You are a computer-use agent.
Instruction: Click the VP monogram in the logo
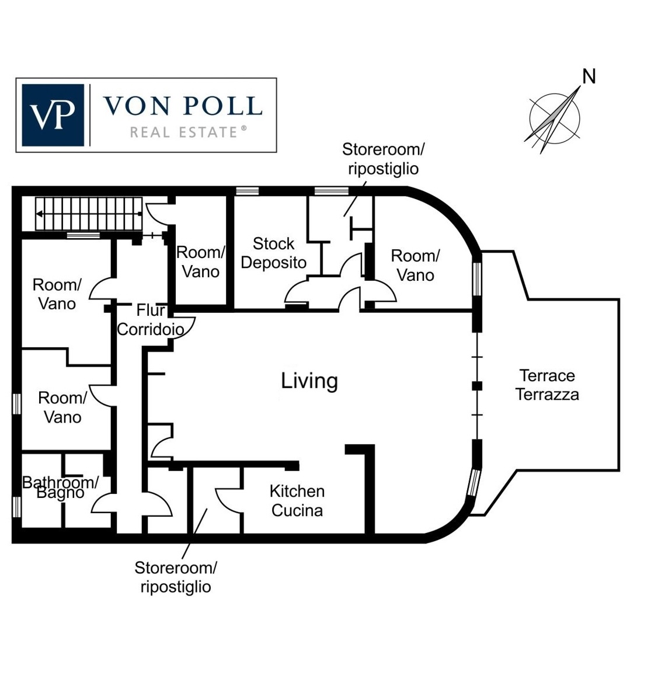tap(53, 115)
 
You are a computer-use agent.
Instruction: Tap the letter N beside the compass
tap(589, 76)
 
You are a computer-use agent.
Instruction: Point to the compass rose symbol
tap(554, 119)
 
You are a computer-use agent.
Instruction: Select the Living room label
tap(309, 381)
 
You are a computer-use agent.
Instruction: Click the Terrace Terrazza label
tap(547, 385)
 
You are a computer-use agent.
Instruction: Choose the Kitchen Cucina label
tap(297, 501)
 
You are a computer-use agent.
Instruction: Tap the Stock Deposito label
tap(273, 253)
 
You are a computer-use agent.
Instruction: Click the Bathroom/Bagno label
tap(60, 487)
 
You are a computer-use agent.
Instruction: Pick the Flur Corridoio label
tap(151, 319)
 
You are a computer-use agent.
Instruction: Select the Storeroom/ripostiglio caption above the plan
tap(383, 159)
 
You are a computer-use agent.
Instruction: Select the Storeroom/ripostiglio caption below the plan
tap(176, 577)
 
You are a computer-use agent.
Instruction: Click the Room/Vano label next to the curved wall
tap(415, 265)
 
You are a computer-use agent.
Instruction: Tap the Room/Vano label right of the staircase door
tap(200, 262)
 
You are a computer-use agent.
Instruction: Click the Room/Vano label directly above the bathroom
tap(62, 407)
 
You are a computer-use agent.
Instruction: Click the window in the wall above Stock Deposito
tap(247, 191)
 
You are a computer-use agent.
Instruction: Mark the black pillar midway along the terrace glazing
tap(477, 385)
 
